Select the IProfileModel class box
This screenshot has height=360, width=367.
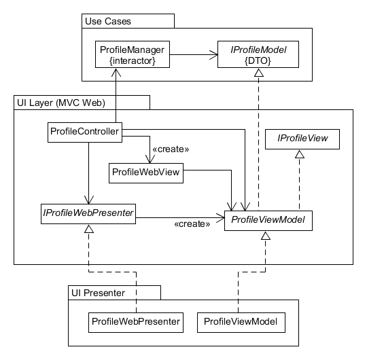pos(258,55)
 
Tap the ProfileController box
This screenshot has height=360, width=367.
pos(85,131)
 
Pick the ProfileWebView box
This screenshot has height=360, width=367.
pos(146,172)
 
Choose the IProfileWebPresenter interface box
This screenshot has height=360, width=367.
pos(87,213)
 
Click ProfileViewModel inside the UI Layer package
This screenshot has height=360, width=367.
pos(268,219)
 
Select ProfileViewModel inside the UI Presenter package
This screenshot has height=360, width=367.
pos(241,321)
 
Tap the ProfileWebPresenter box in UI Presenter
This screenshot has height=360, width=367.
pos(137,321)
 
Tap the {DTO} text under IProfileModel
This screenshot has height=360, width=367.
pos(258,61)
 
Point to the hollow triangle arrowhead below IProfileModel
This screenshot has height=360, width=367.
pos(258,73)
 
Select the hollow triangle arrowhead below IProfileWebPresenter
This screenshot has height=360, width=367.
pos(87,229)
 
